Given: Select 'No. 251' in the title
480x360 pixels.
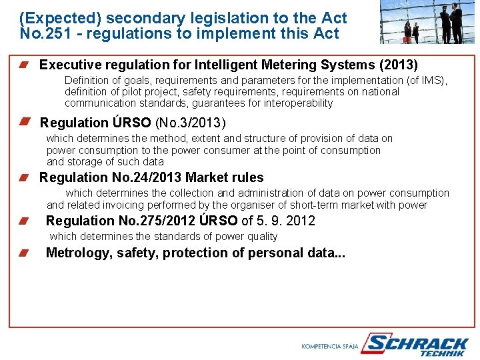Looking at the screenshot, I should point(43,33).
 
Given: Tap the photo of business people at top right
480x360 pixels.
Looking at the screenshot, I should point(428,23).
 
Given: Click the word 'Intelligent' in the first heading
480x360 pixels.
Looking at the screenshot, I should point(226,65).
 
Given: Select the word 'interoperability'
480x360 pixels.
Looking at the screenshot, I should point(298,103).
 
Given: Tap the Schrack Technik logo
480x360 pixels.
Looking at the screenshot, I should point(417,345).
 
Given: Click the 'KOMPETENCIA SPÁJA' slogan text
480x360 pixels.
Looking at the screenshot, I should point(329,347).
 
